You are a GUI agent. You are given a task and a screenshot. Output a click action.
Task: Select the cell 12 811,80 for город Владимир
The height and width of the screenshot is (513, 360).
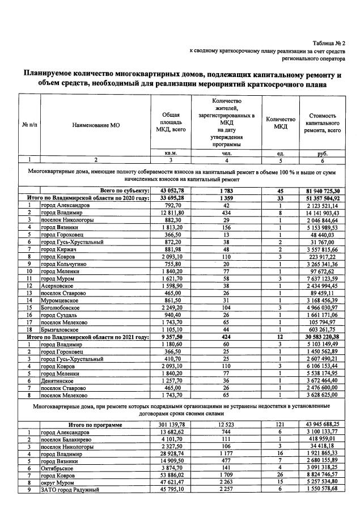171,212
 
